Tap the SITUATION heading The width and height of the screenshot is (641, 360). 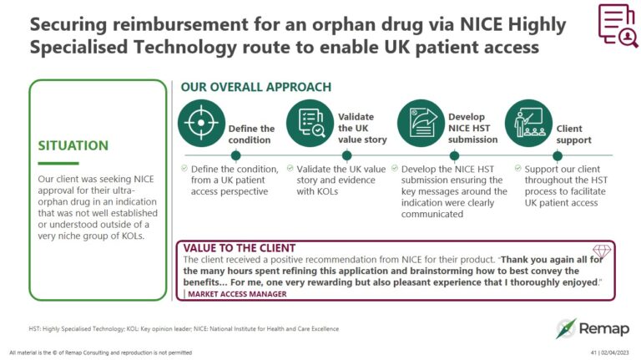[73, 145]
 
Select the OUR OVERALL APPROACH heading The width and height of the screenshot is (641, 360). [256, 87]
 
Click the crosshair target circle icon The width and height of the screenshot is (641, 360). [200, 123]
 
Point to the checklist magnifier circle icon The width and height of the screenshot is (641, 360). [310, 123]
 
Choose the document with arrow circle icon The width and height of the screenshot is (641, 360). [421, 123]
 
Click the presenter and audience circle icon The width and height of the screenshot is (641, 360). [529, 123]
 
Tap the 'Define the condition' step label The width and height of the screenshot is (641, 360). [251, 134]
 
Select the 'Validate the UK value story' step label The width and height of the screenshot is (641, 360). [356, 129]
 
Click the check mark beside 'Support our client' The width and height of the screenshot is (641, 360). [518, 169]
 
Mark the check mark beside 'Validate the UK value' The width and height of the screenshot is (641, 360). [290, 169]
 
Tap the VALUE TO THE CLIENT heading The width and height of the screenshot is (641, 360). [239, 248]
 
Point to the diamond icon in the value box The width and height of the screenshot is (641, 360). [601, 251]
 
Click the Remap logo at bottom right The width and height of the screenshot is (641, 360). [593, 327]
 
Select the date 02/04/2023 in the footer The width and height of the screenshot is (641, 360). [616, 352]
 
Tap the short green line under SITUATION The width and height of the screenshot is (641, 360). [58, 164]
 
